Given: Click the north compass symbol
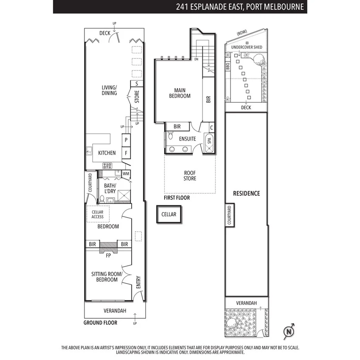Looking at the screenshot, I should (x=289, y=331).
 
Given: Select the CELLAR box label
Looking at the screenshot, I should (x=168, y=214).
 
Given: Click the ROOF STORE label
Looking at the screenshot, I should (x=190, y=176).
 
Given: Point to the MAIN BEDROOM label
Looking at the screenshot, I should (x=180, y=93).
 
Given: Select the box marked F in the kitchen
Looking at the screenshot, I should (x=126, y=153).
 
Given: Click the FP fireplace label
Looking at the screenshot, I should (x=109, y=255).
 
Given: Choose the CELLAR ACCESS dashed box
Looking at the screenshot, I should (x=97, y=214).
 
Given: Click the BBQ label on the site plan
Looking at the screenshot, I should (x=228, y=66).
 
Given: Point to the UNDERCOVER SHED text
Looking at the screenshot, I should (x=246, y=48).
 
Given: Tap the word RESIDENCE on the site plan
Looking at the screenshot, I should (x=246, y=193).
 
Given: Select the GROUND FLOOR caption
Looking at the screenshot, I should (x=100, y=323).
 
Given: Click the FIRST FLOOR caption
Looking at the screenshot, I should (x=177, y=198).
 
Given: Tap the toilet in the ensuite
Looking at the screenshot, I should (x=170, y=136).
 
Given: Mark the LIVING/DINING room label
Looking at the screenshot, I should (x=109, y=90).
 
